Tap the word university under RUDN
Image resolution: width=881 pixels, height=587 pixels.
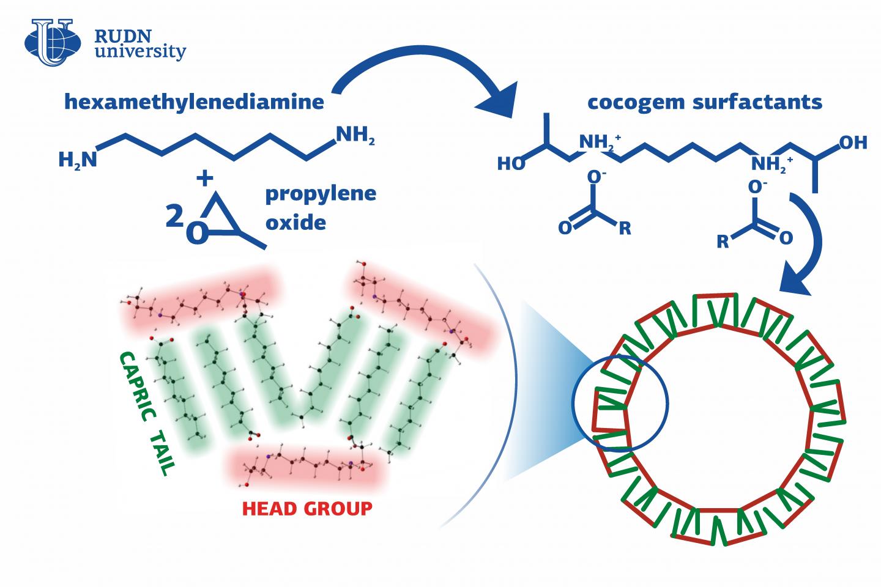point(140,52)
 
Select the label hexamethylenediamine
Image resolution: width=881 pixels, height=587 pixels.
point(194,102)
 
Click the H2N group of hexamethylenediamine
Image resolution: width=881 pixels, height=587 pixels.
point(77,160)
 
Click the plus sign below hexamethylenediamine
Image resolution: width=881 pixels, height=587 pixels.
point(205,178)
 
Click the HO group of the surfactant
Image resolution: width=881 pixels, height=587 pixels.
point(511,164)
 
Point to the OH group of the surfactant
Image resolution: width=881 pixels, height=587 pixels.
point(853,142)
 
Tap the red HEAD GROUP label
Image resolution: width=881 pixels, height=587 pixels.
point(307,508)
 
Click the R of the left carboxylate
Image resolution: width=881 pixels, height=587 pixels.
point(624,230)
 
